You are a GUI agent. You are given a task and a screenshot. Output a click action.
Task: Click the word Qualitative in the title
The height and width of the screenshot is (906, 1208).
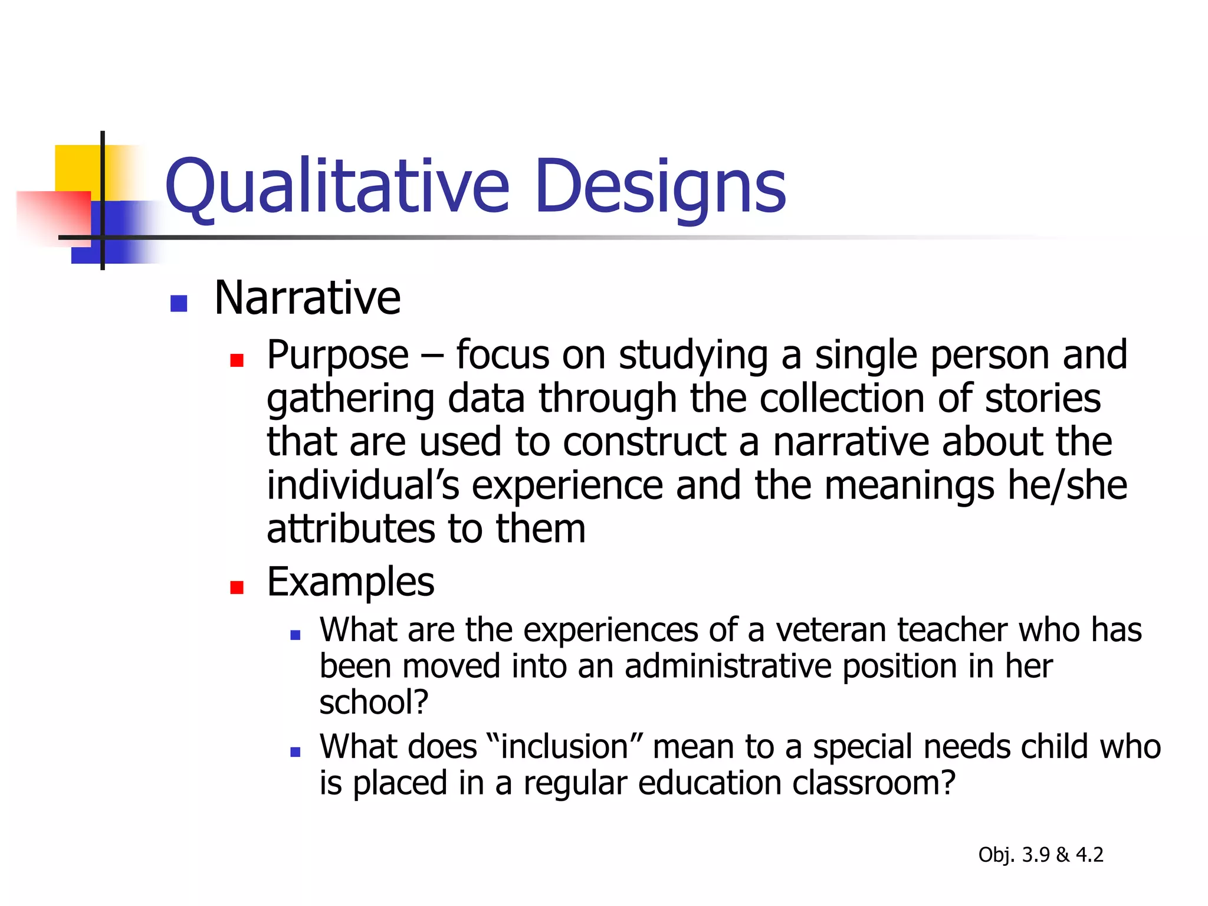337,187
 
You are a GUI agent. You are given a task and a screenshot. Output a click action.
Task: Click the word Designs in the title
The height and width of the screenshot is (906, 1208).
661,187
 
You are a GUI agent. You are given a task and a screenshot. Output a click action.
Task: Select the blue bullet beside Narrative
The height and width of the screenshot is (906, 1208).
178,303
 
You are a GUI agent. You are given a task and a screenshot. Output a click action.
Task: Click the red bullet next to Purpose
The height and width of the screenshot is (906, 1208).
237,360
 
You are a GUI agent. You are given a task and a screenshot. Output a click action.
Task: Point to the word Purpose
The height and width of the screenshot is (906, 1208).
337,356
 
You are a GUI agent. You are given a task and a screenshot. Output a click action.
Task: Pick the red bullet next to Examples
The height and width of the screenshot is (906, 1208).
237,587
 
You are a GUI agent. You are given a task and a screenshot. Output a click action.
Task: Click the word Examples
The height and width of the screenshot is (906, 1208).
350,582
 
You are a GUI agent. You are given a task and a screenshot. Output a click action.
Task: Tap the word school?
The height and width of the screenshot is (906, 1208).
373,702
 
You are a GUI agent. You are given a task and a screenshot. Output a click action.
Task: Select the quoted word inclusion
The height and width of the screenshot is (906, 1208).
564,747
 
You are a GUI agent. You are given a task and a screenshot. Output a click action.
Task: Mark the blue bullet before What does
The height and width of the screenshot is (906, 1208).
296,752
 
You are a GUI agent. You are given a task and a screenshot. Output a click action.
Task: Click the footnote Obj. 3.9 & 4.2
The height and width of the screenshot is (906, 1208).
1040,855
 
